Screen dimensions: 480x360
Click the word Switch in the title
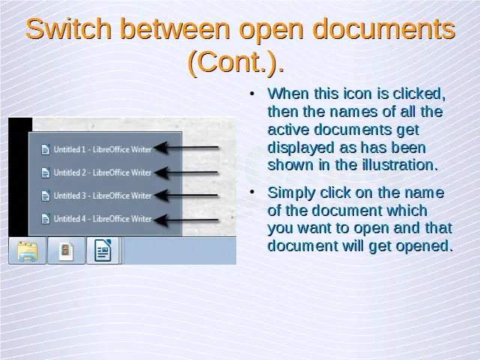click(x=68, y=28)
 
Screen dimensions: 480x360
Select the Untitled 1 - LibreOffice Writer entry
click(x=103, y=149)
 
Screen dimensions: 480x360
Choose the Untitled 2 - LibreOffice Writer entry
click(x=103, y=172)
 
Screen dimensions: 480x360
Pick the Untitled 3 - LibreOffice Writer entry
click(x=103, y=196)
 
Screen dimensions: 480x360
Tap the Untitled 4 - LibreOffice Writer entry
click(x=103, y=219)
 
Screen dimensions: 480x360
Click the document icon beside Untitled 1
click(x=46, y=149)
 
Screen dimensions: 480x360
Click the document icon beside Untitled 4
click(x=46, y=219)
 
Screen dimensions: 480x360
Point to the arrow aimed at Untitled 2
click(x=187, y=173)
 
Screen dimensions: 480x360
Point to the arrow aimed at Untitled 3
click(x=187, y=196)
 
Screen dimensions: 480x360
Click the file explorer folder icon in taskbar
click(x=28, y=251)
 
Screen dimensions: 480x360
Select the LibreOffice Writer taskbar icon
click(x=103, y=250)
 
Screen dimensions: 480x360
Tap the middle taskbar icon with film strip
click(x=66, y=251)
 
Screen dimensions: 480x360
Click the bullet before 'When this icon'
click(x=252, y=94)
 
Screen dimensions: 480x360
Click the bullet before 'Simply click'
click(x=252, y=193)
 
